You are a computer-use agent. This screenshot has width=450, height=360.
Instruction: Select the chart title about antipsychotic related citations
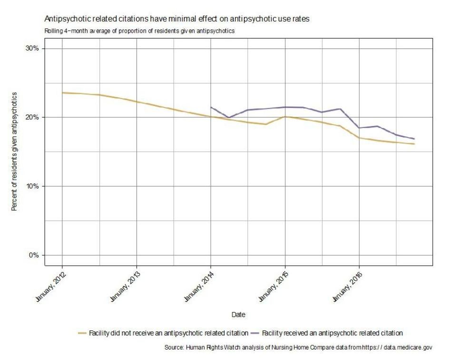click(177, 19)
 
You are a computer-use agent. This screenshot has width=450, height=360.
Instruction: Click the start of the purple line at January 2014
click(211, 107)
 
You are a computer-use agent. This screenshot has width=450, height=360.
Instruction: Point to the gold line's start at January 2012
click(62, 93)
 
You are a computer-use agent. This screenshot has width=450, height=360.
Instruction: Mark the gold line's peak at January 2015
click(285, 117)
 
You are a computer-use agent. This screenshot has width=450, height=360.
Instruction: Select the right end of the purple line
click(414, 139)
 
